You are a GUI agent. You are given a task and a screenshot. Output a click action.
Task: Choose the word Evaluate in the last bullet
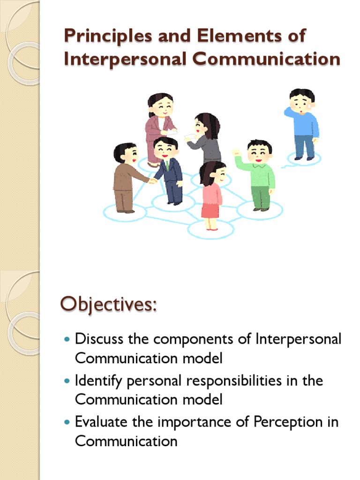(x=100, y=421)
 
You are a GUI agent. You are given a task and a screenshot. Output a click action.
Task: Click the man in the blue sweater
(x=302, y=124)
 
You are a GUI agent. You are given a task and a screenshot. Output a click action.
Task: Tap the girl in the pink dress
(x=212, y=195)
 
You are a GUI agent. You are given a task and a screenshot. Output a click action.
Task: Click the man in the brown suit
(x=125, y=178)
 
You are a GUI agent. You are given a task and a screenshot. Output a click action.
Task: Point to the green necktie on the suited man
(x=166, y=165)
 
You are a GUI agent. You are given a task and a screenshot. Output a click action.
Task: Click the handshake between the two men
(x=152, y=181)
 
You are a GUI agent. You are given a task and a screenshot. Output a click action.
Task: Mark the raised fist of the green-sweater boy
(x=236, y=153)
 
